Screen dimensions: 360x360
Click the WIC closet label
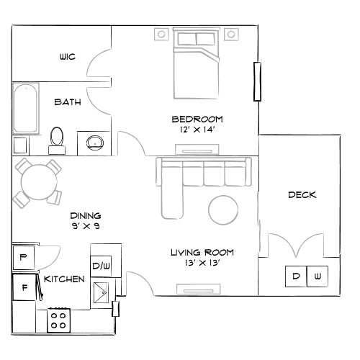tap(67, 57)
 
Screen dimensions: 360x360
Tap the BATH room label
tap(67, 102)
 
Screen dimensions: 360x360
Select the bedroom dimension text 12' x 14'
tap(197, 130)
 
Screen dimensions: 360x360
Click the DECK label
tap(302, 195)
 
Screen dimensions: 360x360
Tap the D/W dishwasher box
tap(100, 267)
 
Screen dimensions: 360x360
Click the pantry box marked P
tap(23, 257)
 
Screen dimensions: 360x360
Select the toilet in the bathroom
tap(58, 140)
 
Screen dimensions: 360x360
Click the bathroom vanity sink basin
tap(92, 142)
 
